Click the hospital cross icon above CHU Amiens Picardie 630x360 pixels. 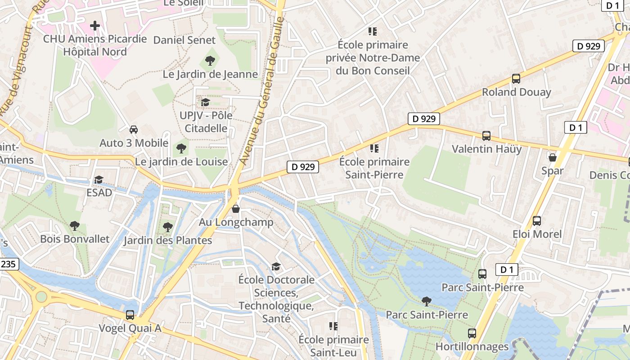pos(94,26)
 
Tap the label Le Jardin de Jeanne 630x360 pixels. pos(210,74)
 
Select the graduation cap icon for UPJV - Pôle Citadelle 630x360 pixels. pos(205,102)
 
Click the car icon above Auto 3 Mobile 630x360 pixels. pos(134,130)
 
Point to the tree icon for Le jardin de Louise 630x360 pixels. pos(181,148)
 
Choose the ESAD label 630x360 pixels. pos(99,193)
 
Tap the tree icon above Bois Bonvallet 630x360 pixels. pos(75,225)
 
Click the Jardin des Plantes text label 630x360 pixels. pos(168,240)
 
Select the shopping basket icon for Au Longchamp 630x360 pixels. pos(236,209)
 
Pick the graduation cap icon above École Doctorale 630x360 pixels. pos(276,266)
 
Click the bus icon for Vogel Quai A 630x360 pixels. pos(130,315)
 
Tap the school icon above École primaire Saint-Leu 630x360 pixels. pos(333,326)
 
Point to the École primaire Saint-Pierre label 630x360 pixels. pos(374,168)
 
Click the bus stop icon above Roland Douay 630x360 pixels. pos(516,79)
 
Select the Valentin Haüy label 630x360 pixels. pos(486,149)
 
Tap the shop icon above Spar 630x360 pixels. pos(552,157)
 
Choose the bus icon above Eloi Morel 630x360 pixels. pos(537,221)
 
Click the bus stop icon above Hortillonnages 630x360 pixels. pos(472,333)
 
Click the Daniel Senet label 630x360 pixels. pos(184,40)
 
